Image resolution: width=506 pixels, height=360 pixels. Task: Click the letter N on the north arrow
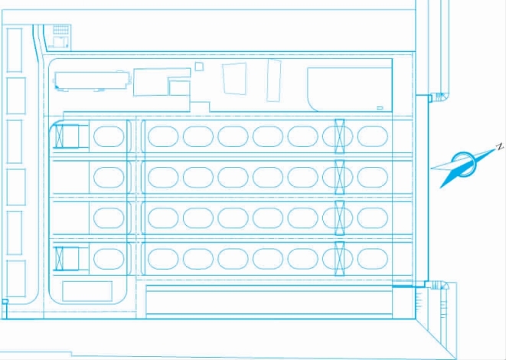[x=498, y=146]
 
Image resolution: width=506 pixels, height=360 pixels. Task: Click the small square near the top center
[x=199, y=67]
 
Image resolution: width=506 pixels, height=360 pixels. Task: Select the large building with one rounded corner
[x=348, y=90]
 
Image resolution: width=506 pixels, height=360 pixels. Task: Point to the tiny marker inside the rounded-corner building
[x=380, y=106]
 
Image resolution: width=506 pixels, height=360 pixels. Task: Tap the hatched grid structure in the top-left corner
[x=60, y=32]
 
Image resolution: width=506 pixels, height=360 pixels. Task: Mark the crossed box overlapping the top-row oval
[x=338, y=136]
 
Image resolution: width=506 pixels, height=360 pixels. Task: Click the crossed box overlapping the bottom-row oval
[x=338, y=258]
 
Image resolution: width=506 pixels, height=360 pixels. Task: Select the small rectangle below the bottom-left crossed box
[x=87, y=291]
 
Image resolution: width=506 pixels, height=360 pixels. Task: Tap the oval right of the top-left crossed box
[x=108, y=137]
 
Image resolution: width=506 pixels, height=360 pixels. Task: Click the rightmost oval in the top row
[x=372, y=136]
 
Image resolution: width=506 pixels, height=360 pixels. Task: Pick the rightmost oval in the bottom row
[x=372, y=258]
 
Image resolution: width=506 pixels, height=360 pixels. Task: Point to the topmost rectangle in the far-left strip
[x=15, y=51]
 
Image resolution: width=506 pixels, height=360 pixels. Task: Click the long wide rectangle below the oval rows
[x=268, y=303]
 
